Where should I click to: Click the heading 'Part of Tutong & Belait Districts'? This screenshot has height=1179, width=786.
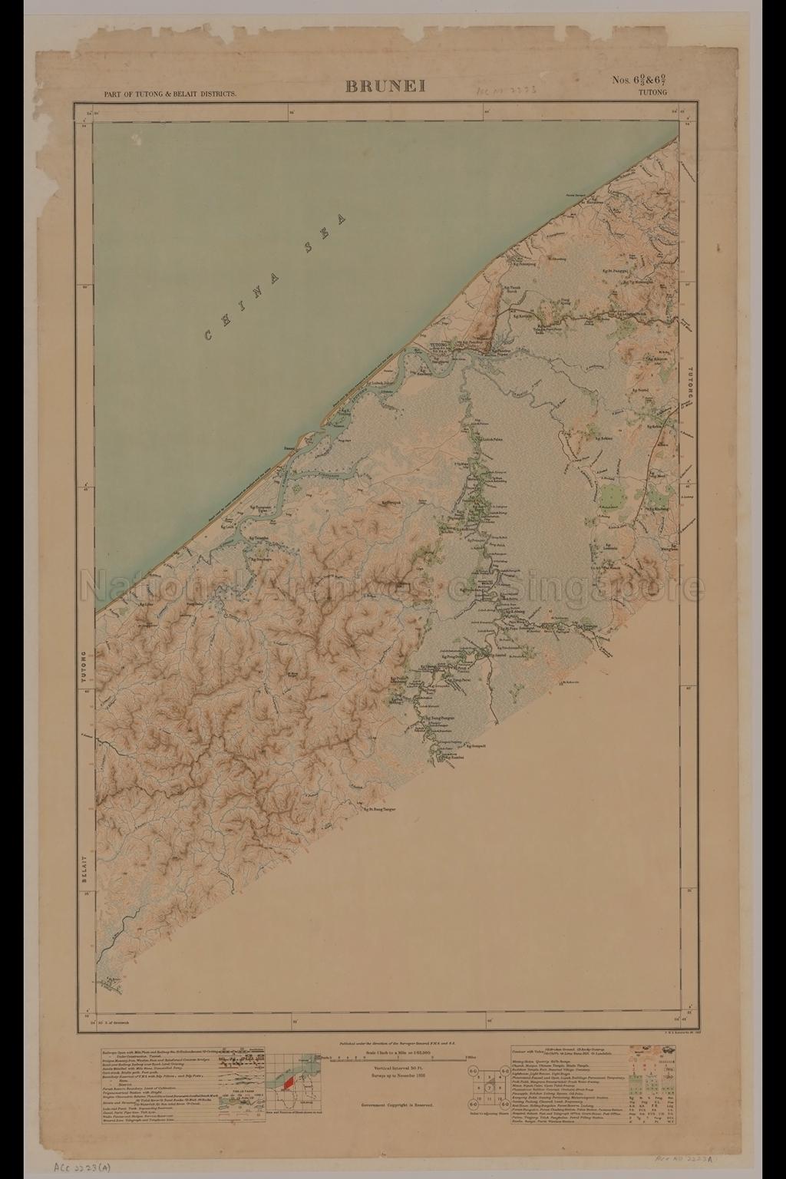click(x=170, y=94)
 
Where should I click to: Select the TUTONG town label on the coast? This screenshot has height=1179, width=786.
click(x=438, y=346)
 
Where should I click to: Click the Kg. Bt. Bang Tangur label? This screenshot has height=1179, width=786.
click(x=384, y=809)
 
